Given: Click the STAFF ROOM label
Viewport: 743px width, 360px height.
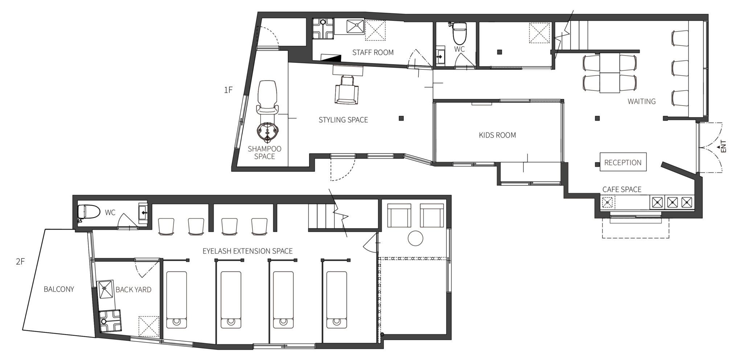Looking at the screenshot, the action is point(373,52).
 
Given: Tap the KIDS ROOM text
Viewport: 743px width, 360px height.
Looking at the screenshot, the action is point(497,135).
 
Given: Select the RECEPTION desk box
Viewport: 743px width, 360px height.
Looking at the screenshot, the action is point(623,162).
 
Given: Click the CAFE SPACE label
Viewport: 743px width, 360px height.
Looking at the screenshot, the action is point(622,189).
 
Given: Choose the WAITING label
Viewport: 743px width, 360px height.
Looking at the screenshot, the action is point(642,101).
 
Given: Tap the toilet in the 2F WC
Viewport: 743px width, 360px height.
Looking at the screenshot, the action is point(89,213).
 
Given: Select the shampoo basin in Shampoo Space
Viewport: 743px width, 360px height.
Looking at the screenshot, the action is point(268,132).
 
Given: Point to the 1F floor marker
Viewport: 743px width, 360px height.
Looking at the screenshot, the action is point(228,90).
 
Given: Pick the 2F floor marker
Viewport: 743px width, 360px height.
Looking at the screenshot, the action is point(20,261).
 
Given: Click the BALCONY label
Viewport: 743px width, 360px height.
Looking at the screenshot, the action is point(59,289).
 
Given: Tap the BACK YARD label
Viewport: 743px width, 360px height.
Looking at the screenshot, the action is point(134,290).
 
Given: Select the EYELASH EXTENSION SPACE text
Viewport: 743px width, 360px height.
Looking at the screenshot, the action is point(247,251).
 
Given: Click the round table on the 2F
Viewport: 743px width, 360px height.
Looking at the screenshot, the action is point(416,238).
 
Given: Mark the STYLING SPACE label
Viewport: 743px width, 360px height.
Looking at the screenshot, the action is point(343,120).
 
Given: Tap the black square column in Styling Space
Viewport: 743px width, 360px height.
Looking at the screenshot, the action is point(401,118).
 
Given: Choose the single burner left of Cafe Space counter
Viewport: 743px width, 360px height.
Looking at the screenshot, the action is point(607,202).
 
